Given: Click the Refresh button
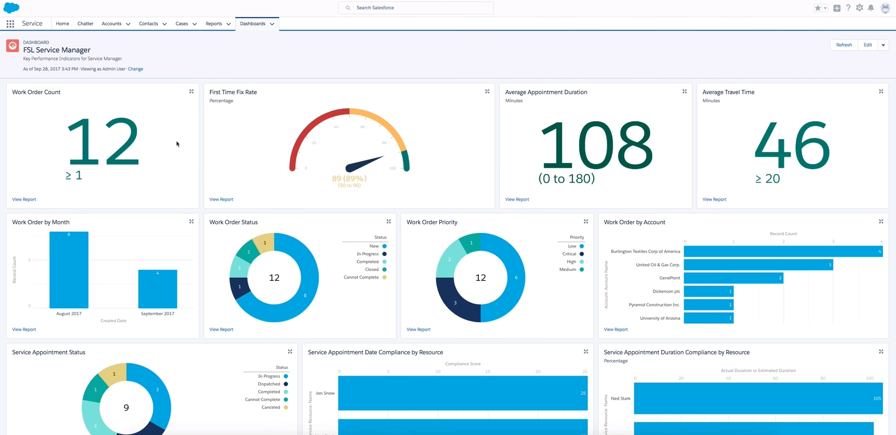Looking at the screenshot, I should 844,45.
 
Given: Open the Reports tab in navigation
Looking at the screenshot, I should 214,24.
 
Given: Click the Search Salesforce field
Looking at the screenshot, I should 416,8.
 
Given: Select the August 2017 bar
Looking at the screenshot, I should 69,270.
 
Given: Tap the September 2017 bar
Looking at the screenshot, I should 157,289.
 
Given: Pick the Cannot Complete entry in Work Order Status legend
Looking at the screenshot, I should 361,277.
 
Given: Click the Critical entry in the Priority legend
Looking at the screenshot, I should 569,254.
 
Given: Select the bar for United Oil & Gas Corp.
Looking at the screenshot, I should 758,265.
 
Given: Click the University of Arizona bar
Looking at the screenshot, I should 708,318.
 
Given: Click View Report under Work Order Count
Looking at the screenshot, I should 24,199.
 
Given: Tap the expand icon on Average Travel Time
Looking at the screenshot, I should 881,91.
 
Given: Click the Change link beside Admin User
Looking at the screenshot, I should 135,69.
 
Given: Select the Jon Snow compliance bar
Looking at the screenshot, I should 462,393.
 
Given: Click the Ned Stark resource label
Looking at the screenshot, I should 620,398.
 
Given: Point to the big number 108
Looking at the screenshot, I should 596,145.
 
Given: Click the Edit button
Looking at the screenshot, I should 867,45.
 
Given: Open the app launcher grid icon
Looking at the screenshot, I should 10,24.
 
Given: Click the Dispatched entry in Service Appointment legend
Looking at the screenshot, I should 269,384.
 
